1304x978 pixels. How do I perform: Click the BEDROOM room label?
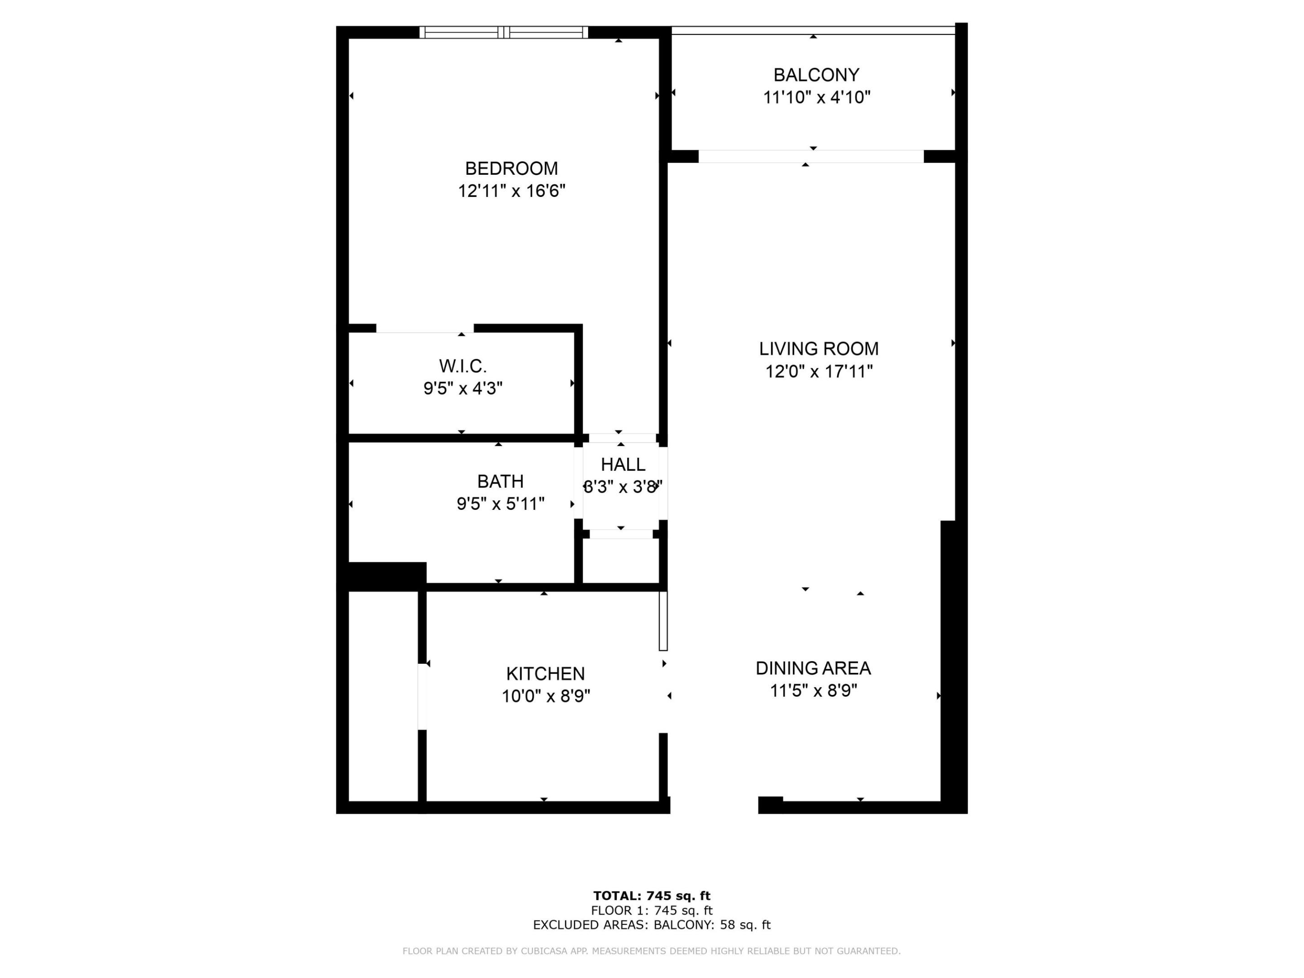coord(511,168)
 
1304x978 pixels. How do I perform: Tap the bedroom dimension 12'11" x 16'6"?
coord(511,191)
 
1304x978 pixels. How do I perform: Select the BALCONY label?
coord(816,75)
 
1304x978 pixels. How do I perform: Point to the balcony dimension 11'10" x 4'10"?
coord(816,97)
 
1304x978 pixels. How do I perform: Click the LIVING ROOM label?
coord(818,349)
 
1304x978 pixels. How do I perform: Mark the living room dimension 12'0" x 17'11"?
coord(818,371)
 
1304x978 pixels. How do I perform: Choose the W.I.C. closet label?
coord(463,366)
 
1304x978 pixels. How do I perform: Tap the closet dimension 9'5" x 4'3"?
coord(463,388)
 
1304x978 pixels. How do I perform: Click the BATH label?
coord(500,482)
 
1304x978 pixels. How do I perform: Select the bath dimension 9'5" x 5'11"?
coord(500,504)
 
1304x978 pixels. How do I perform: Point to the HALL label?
coord(623,465)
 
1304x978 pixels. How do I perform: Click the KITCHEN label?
coord(545,674)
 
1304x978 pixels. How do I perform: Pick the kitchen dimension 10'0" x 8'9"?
coord(545,696)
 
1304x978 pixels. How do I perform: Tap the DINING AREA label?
coord(813,668)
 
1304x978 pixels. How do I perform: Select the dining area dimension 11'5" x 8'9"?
coord(813,690)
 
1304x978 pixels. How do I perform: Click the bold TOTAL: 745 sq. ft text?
coord(652,896)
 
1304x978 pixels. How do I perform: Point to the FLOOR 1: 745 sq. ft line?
coord(652,910)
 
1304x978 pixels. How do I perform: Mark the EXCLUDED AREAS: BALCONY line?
coord(652,925)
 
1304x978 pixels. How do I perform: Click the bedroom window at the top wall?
coord(503,33)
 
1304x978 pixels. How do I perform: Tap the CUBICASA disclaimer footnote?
coord(652,951)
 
